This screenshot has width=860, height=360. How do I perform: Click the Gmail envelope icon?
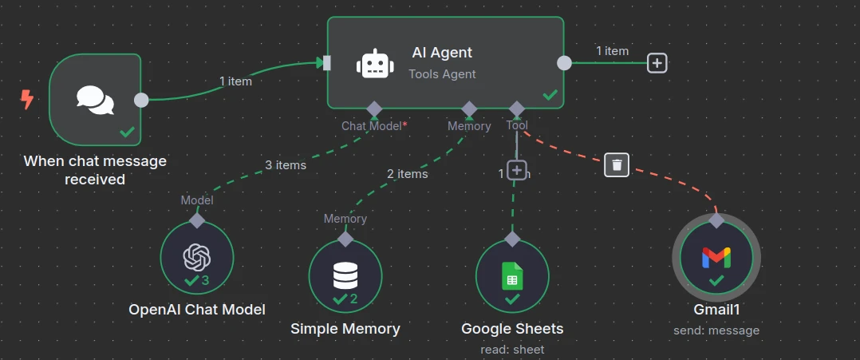coord(716,257)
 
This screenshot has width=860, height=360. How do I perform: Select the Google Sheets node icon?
coord(512,276)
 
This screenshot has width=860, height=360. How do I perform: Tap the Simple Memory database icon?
coord(345,275)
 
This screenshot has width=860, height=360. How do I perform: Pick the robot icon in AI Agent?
coord(374,63)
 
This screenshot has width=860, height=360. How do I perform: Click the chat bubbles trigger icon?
coord(95,100)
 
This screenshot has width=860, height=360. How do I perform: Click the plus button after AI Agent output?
coord(657,63)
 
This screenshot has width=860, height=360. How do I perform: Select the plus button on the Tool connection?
coord(517,170)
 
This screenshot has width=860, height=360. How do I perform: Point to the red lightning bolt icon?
coord(27,99)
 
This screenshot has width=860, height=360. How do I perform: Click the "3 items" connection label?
coord(286,165)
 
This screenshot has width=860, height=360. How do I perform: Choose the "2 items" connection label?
coord(407,173)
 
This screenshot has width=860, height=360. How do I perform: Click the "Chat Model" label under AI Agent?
coord(371,125)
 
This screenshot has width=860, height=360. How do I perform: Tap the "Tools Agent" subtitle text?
coord(442,74)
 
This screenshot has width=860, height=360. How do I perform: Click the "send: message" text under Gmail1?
coord(716,330)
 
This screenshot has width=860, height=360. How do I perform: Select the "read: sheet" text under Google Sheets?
coord(512,350)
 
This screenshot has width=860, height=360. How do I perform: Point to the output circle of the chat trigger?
coord(141,100)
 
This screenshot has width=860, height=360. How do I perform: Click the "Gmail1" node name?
coord(716,310)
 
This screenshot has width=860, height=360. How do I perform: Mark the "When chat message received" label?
coord(95,170)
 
